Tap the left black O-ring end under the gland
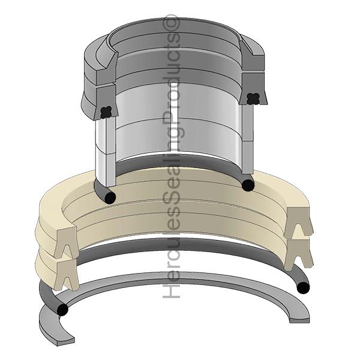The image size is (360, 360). point(110,197)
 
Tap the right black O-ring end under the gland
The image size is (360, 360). point(247,185)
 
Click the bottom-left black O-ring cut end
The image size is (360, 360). point(61,310)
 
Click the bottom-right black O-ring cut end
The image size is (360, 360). point(304,288)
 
